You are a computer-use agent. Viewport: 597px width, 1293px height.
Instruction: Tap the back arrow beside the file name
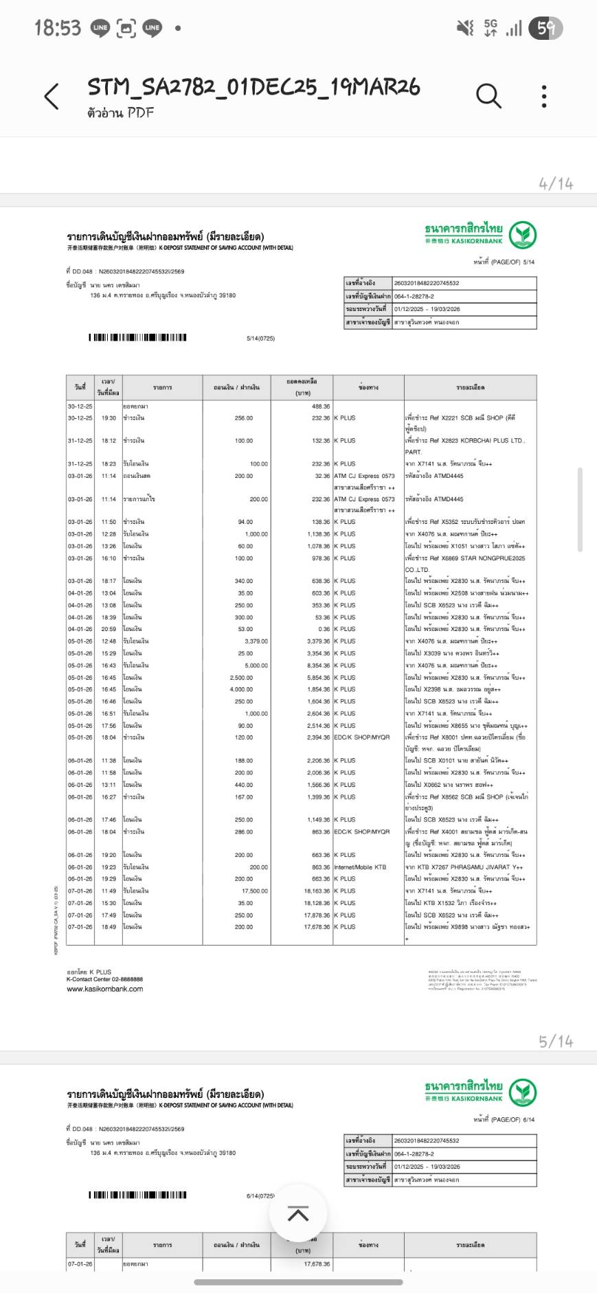(52, 97)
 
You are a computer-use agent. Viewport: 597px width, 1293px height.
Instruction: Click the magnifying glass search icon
(488, 96)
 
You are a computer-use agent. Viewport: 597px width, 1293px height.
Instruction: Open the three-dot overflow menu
(544, 97)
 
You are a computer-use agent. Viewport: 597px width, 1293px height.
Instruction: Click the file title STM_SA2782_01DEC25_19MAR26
(254, 87)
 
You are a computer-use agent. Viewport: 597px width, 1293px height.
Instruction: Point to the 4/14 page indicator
(556, 183)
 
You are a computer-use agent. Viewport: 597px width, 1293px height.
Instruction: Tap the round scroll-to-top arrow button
(298, 1214)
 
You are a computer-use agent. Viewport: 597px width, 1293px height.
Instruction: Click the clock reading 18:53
(58, 28)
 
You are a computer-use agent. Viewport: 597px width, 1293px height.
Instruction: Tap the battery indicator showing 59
(548, 28)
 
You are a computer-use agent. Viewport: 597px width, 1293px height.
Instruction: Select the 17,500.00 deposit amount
(255, 891)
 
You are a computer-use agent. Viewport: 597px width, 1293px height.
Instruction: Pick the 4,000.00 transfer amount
(241, 689)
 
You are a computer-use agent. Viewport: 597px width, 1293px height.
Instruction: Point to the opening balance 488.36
(320, 407)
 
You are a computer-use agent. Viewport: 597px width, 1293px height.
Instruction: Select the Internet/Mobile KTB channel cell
(360, 867)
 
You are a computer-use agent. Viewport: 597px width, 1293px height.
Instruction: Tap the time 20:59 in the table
(109, 629)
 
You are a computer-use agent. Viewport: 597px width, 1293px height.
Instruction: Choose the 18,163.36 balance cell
(317, 891)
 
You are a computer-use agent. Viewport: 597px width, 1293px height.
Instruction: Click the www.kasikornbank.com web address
(104, 989)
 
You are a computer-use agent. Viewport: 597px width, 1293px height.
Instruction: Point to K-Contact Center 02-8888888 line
(104, 980)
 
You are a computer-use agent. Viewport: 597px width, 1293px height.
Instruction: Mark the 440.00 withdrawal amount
(243, 785)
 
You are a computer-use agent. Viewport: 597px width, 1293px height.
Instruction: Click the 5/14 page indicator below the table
(556, 1041)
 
